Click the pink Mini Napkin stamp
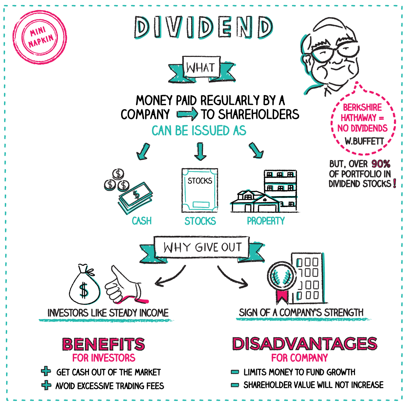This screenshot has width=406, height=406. click(x=40, y=38)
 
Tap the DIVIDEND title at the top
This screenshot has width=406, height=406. click(x=204, y=27)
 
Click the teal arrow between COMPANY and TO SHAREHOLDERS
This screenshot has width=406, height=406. click(x=187, y=114)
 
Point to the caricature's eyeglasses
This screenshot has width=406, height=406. click(x=335, y=50)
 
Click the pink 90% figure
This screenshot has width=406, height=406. click(x=381, y=164)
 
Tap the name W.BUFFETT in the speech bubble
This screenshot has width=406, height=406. click(x=364, y=141)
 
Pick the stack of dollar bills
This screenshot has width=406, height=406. click(x=135, y=198)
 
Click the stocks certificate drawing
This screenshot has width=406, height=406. click(x=200, y=190)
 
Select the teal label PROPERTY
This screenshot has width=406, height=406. click(x=266, y=221)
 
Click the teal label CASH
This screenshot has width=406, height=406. click(x=141, y=221)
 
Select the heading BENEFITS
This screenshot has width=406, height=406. click(x=104, y=344)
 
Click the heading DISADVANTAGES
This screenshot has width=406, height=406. click(x=304, y=343)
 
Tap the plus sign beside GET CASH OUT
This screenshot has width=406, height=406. click(x=46, y=371)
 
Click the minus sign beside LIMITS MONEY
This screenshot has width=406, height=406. click(x=235, y=372)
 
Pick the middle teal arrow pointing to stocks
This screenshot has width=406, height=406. click(x=200, y=151)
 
